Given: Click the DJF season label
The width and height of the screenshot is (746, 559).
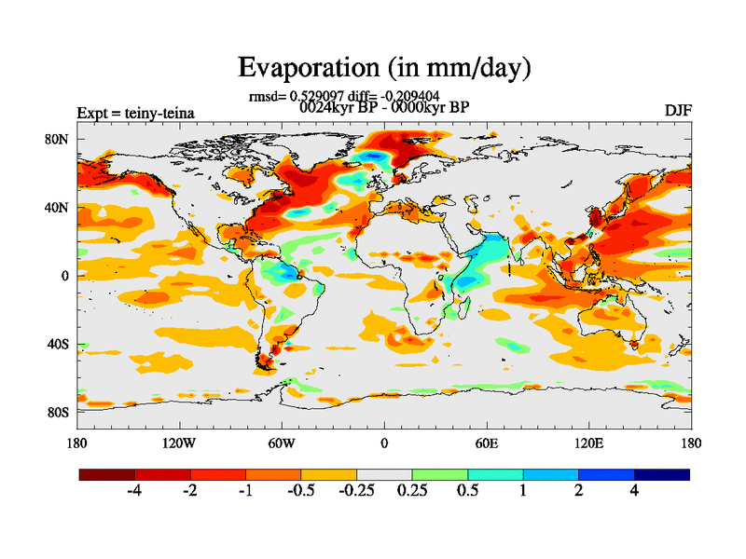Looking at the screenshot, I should coord(678,110).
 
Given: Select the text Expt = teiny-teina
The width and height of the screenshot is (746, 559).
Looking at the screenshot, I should coord(135,113).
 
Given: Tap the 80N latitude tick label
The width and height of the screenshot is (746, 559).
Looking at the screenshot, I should coord(58,139).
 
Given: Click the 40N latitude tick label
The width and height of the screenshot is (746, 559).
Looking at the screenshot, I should coord(58,207).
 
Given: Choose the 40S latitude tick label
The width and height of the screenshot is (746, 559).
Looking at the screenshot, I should coord(58,344).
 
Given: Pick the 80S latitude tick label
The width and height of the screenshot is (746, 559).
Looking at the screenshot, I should coord(58,412).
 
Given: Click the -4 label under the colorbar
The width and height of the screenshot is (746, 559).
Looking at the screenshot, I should coord(133,491).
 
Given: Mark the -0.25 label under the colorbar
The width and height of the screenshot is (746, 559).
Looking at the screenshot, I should coord(355,491).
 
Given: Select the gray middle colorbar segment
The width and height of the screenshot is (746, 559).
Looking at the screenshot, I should coord(384,474).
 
